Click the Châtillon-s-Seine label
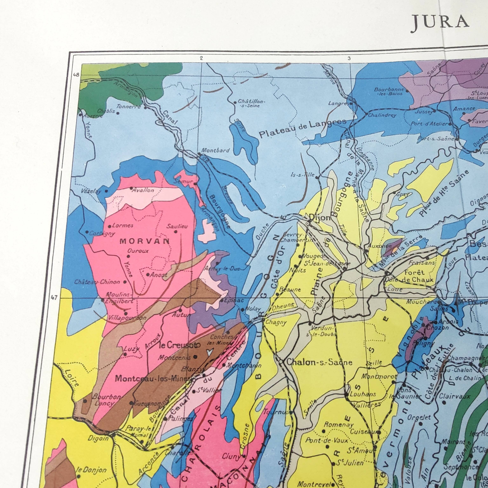coord(251,103)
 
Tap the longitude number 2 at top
coord(201,58)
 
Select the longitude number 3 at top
coord(349,58)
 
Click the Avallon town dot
coord(131,188)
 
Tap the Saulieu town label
coord(177,226)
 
